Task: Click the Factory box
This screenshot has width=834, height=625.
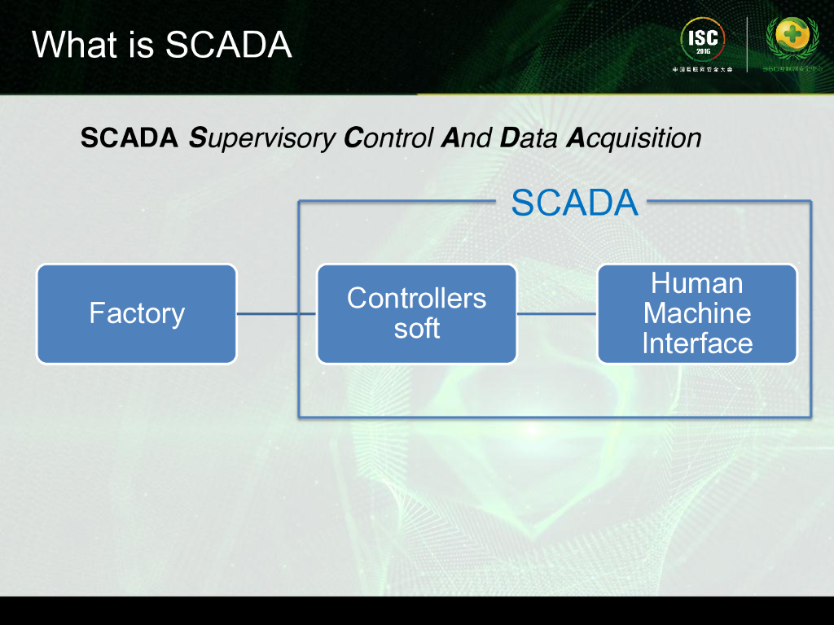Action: pos(137,313)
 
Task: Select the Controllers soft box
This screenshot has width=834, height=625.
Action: pos(416,313)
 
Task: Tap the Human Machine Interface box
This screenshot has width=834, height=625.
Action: pos(697,313)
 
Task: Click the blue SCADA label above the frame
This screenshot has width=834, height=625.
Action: pos(574,203)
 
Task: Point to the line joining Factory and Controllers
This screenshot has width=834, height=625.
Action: pos(276,313)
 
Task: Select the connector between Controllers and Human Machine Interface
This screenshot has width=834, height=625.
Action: pos(557,313)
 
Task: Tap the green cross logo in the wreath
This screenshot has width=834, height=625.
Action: pos(791,37)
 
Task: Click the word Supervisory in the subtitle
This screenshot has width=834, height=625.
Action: pos(261,139)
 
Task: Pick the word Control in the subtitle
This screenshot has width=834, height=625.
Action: pos(388,139)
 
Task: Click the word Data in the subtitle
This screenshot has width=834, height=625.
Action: pos(529,139)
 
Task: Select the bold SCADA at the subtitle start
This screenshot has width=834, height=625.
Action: pos(129,139)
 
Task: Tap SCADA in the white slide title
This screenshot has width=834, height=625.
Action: pos(228,44)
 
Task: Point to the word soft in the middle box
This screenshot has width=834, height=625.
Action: pos(416,328)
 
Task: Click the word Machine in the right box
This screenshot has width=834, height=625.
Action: pos(697,313)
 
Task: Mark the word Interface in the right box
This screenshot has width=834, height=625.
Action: pos(697,343)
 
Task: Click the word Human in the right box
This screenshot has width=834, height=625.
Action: pos(697,283)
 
